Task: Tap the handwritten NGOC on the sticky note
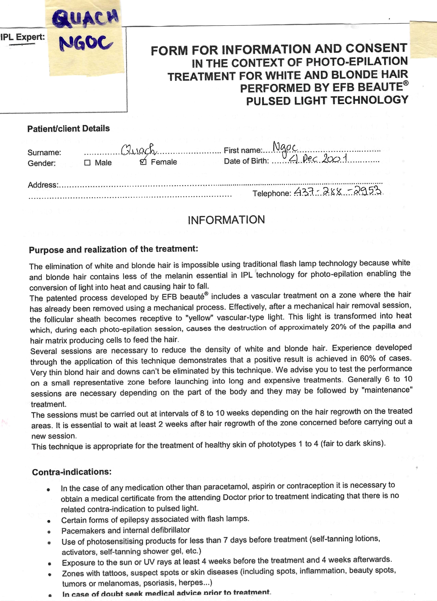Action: (85, 43)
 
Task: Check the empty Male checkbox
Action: (87, 163)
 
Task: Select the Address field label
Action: (42, 185)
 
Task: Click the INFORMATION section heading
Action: (226, 220)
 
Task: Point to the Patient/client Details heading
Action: (68, 129)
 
